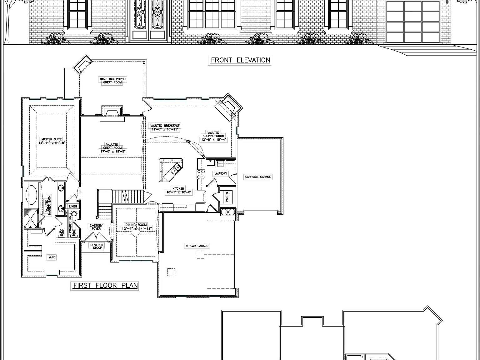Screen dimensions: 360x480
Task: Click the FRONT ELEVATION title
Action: pyautogui.click(x=240, y=60)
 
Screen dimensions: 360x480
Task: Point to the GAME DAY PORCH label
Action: pyautogui.click(x=112, y=81)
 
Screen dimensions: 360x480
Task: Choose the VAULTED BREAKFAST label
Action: pyautogui.click(x=165, y=127)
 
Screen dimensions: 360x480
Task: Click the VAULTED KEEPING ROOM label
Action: pyautogui.click(x=214, y=137)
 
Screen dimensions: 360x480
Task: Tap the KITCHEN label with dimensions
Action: pyautogui.click(x=178, y=191)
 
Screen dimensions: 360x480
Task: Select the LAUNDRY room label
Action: pyautogui.click(x=221, y=173)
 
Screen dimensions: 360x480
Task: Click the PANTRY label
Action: pyautogui.click(x=227, y=197)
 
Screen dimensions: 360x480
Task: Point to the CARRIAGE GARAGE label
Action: pyautogui.click(x=258, y=177)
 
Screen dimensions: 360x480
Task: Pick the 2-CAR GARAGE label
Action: pyautogui.click(x=197, y=246)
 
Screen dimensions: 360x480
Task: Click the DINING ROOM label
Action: pyautogui.click(x=136, y=227)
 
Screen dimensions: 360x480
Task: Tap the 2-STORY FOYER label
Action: pyautogui.click(x=96, y=227)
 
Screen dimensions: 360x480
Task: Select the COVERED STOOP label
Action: pyautogui.click(x=97, y=246)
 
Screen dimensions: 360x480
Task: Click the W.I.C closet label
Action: pyautogui.click(x=52, y=257)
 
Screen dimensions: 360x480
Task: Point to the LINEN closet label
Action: pyautogui.click(x=73, y=206)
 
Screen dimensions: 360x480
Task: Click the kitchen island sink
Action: pyautogui.click(x=175, y=170)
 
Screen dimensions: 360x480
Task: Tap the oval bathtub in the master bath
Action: pyautogui.click(x=32, y=195)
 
